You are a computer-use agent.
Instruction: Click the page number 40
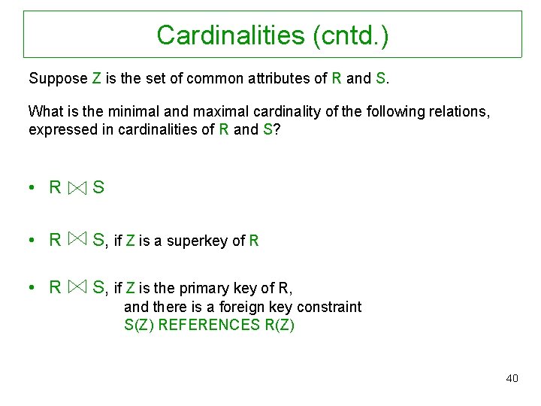512,378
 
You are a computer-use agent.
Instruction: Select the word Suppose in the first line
57,78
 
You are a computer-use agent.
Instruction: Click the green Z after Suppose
97,78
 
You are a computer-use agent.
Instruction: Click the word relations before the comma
460,112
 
